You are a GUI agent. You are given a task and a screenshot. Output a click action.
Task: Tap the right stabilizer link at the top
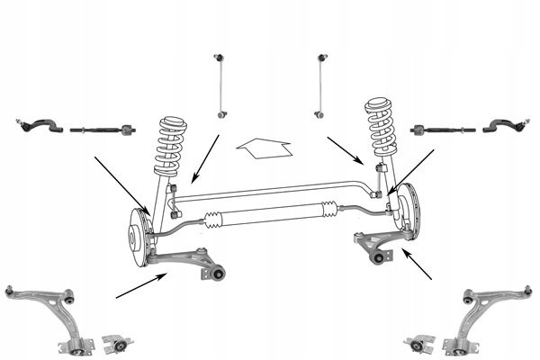click(x=321, y=85)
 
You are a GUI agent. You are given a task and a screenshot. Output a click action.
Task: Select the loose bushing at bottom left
click(x=117, y=343)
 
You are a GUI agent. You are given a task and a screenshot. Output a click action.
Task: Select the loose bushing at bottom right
click(x=419, y=343)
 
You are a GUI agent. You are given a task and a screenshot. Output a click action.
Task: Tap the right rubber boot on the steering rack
click(x=328, y=211)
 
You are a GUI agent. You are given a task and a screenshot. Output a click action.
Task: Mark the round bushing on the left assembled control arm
click(x=217, y=273)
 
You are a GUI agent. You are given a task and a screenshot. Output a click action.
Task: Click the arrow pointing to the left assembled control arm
click(x=140, y=285)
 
